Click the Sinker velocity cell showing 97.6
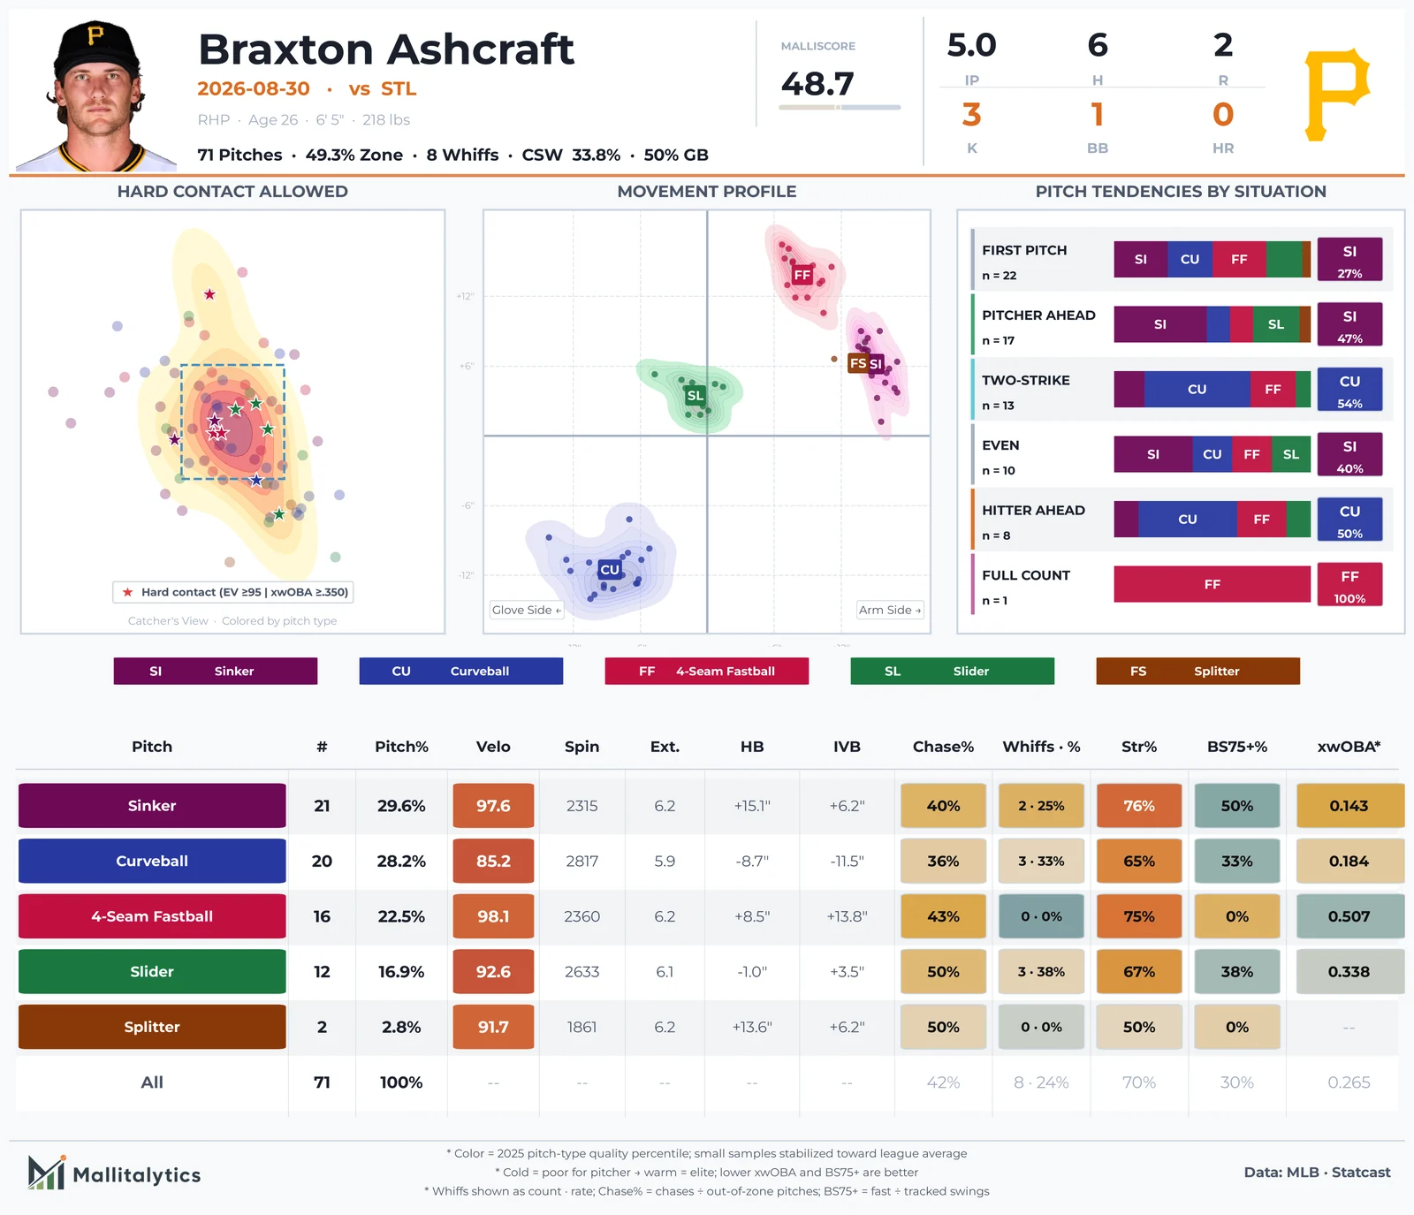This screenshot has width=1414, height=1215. (493, 806)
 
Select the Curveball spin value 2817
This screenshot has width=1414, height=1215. (582, 861)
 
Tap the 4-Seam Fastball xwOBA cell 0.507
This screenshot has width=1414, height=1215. (1349, 916)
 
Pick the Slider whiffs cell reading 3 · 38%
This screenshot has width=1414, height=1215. (1041, 971)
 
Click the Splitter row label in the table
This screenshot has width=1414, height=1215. (152, 1027)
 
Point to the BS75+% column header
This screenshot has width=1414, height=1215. (1237, 747)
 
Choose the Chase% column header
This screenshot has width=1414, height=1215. (943, 747)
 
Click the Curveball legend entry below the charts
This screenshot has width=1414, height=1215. (461, 671)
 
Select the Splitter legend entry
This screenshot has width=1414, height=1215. (1198, 671)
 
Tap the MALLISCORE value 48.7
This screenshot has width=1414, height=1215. (817, 84)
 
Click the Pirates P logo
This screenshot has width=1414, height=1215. (1337, 95)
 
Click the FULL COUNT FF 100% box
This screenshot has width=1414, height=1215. (1349, 584)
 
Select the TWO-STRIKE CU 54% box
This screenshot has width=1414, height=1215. (1349, 389)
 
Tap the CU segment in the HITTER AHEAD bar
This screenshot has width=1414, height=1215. (1188, 520)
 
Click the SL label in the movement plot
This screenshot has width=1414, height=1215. (696, 395)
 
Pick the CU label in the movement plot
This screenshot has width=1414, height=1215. (610, 570)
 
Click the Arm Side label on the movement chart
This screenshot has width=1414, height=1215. (890, 610)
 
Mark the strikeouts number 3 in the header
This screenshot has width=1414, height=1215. (971, 115)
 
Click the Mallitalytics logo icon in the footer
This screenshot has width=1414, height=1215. (47, 1173)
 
